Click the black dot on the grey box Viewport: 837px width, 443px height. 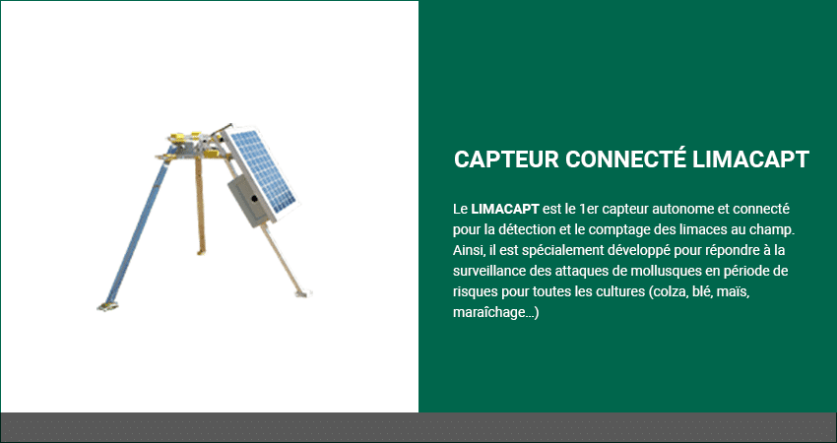coord(255,199)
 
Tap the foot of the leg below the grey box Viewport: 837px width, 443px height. coord(301,293)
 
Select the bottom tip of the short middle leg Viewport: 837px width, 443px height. coord(201,252)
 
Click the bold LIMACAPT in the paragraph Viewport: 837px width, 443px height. coord(505,209)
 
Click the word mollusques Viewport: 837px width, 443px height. coord(666,271)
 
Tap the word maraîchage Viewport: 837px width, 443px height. coord(488,313)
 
